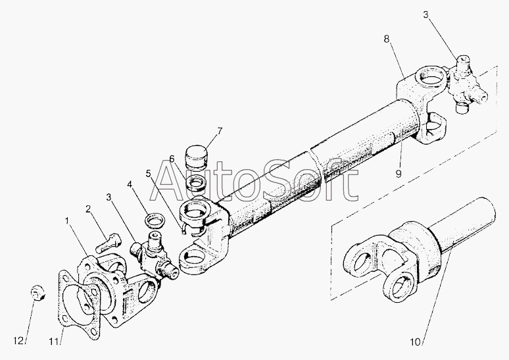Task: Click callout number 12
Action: [18, 341]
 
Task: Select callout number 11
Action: [54, 342]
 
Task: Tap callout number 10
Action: [416, 342]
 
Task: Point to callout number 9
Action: [399, 174]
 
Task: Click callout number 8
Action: [386, 39]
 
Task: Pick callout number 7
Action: [220, 131]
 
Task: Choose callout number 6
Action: [172, 159]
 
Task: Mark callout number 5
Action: [149, 174]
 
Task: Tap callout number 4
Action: [130, 184]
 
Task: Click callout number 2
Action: [88, 209]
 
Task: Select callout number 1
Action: [67, 221]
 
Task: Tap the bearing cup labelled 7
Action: [196, 158]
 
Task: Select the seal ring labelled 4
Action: [155, 220]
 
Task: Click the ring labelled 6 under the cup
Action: [195, 183]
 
